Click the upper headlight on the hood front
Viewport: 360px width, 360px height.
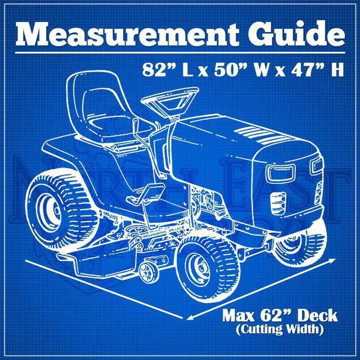pyautogui.click(x=317, y=165)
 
